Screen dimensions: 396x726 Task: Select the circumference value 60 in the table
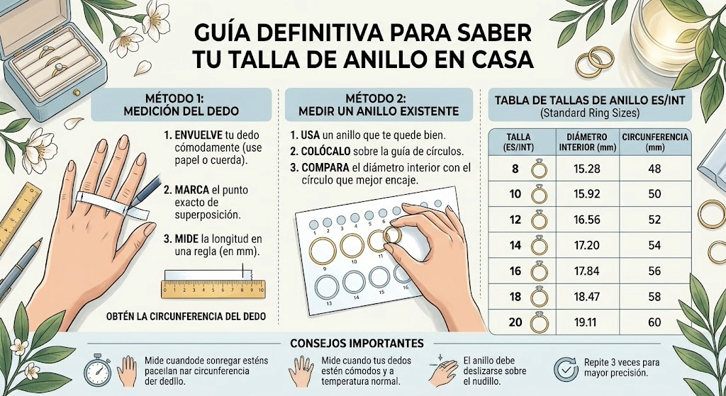point(654,322)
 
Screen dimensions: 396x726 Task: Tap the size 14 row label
point(515,246)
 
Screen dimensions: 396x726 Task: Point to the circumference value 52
point(654,220)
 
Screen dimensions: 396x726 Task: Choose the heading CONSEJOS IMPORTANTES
point(357,344)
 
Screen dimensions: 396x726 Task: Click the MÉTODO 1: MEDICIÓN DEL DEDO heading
point(181,105)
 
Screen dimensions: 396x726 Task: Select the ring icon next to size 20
point(539,322)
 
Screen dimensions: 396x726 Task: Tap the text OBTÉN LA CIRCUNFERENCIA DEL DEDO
point(185,317)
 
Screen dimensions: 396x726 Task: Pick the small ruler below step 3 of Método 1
point(213,288)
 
